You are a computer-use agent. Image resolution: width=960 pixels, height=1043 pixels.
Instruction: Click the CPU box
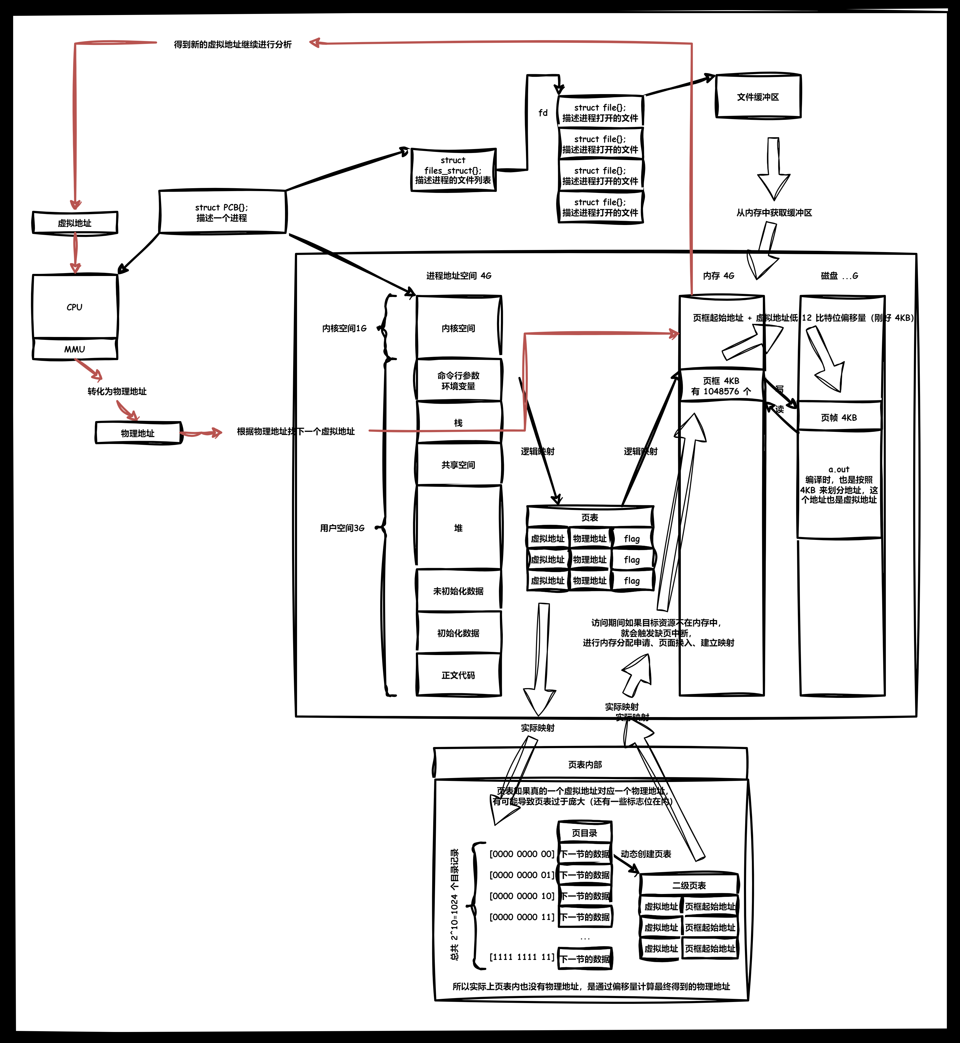pos(75,306)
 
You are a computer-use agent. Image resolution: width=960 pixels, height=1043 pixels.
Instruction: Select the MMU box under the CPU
pos(75,349)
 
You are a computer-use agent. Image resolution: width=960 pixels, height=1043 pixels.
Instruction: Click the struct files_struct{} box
pos(453,170)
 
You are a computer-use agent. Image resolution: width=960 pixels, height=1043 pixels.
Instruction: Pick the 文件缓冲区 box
pos(758,97)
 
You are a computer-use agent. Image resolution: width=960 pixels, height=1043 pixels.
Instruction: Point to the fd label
pos(543,113)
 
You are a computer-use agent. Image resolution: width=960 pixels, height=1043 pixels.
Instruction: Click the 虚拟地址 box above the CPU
pos(75,223)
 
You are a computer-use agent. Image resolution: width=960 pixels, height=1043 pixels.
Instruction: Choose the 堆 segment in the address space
pos(458,528)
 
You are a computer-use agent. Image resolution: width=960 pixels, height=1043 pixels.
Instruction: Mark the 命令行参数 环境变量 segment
pos(458,380)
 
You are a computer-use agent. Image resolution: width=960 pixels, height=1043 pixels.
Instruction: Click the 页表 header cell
pos(590,517)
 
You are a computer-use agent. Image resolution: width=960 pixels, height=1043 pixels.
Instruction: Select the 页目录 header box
pos(584,833)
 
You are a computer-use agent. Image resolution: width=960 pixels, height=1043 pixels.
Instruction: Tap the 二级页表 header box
pos(689,885)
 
